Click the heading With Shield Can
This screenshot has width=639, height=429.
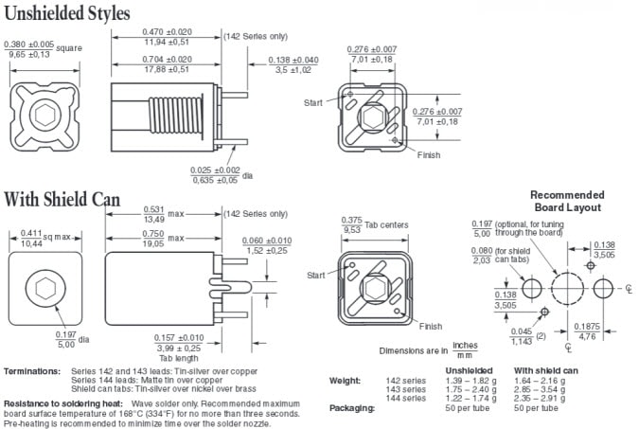[62, 200]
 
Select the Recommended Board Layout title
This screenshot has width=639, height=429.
[566, 200]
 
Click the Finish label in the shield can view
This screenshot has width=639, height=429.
[430, 326]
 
